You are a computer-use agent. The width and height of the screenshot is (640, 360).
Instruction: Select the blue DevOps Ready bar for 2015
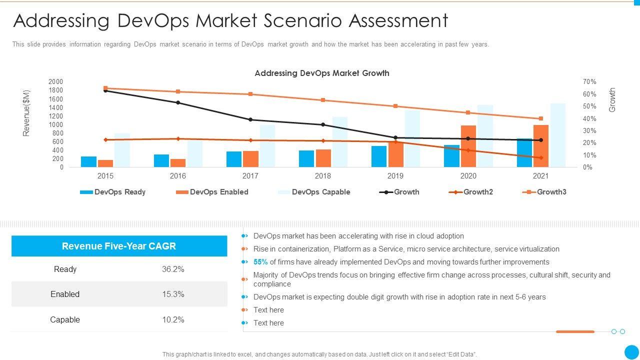coord(88,162)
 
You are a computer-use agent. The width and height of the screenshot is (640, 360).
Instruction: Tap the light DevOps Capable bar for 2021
coord(558,135)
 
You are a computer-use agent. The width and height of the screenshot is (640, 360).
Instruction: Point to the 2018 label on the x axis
coord(323,176)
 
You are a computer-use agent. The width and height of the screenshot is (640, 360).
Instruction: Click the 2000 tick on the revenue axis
coord(56,81)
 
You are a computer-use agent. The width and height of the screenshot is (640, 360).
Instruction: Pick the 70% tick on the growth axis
coord(589,81)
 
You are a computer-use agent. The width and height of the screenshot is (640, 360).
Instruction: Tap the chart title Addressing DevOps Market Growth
coord(322,73)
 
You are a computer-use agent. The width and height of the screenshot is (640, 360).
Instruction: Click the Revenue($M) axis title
coord(26,113)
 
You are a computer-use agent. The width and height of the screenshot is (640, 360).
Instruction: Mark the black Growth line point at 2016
coord(178,102)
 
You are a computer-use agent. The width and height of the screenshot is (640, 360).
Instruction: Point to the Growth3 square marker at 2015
coord(105,88)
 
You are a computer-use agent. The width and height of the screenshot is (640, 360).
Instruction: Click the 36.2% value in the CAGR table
coord(173,269)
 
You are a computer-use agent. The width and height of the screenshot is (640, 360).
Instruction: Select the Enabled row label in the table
coord(65,294)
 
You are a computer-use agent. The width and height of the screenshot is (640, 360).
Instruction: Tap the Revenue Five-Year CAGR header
coord(119,246)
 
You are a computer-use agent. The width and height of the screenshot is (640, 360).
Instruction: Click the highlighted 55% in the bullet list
coord(260,262)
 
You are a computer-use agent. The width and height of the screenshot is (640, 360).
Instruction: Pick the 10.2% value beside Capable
coord(173,319)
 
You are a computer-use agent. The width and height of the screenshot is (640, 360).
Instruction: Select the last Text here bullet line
coord(268,323)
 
